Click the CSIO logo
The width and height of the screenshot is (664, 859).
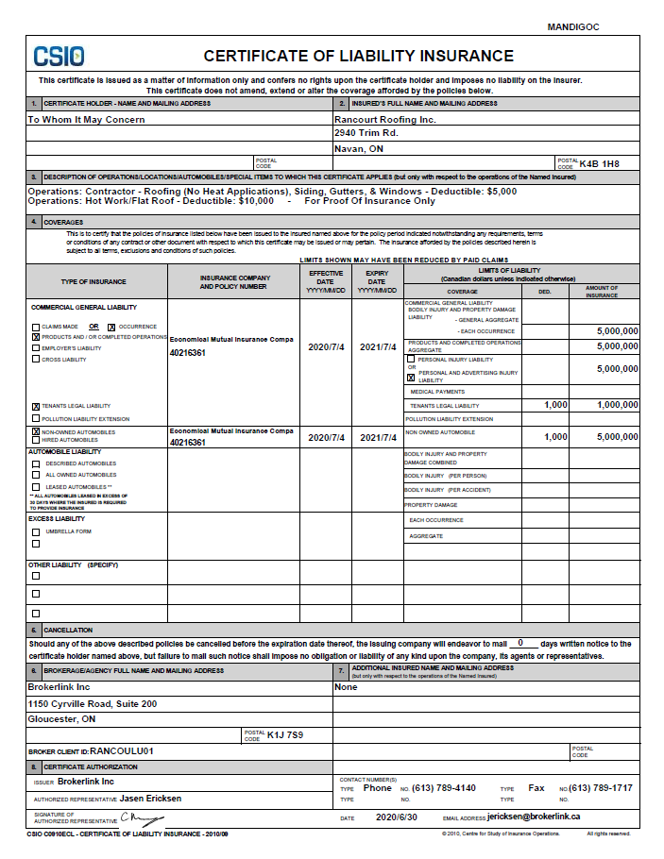59,56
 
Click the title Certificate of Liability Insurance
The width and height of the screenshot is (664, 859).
358,57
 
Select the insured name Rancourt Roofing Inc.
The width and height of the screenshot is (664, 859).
385,120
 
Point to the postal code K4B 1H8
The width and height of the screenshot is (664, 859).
599,163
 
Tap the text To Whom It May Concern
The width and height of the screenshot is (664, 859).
86,120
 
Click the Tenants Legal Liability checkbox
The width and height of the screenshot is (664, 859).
36,406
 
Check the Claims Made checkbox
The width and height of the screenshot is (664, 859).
36,326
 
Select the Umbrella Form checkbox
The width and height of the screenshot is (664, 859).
36,531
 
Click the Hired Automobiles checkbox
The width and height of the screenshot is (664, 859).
36,441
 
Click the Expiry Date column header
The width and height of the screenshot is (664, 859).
376,281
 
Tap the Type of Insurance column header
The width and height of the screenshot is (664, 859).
94,281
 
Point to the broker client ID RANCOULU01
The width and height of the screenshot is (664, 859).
121,751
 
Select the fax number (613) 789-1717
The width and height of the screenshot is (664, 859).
600,787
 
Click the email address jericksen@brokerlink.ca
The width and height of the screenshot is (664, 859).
533,817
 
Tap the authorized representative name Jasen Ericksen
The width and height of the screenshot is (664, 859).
150,799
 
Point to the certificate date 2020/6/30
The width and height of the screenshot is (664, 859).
396,817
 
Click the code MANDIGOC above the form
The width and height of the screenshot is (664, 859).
573,27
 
